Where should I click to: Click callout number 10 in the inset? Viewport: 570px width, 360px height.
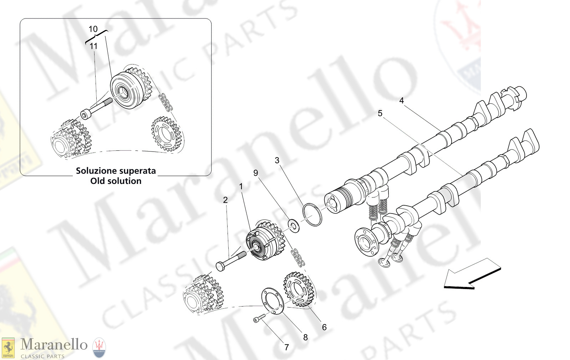(x=93, y=29)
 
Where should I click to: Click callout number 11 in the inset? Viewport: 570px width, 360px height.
(x=93, y=46)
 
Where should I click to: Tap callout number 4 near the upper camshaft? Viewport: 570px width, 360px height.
(x=401, y=101)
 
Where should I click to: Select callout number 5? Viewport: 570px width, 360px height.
(x=380, y=114)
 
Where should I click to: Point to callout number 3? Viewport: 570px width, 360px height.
(x=277, y=161)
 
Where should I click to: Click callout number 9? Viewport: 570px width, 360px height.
(x=255, y=173)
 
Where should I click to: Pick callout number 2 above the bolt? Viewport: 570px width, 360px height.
(x=225, y=200)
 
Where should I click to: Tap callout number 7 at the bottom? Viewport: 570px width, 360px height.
(x=286, y=348)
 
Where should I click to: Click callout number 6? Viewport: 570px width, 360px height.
(x=324, y=328)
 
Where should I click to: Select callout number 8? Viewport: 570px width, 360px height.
(x=305, y=338)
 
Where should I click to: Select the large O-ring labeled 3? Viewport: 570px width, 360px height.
(x=312, y=215)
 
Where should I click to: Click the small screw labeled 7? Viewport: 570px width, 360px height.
(x=259, y=318)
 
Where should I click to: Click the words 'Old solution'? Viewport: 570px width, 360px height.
(x=116, y=181)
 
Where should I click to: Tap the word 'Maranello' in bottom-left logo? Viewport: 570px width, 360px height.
(x=54, y=345)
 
